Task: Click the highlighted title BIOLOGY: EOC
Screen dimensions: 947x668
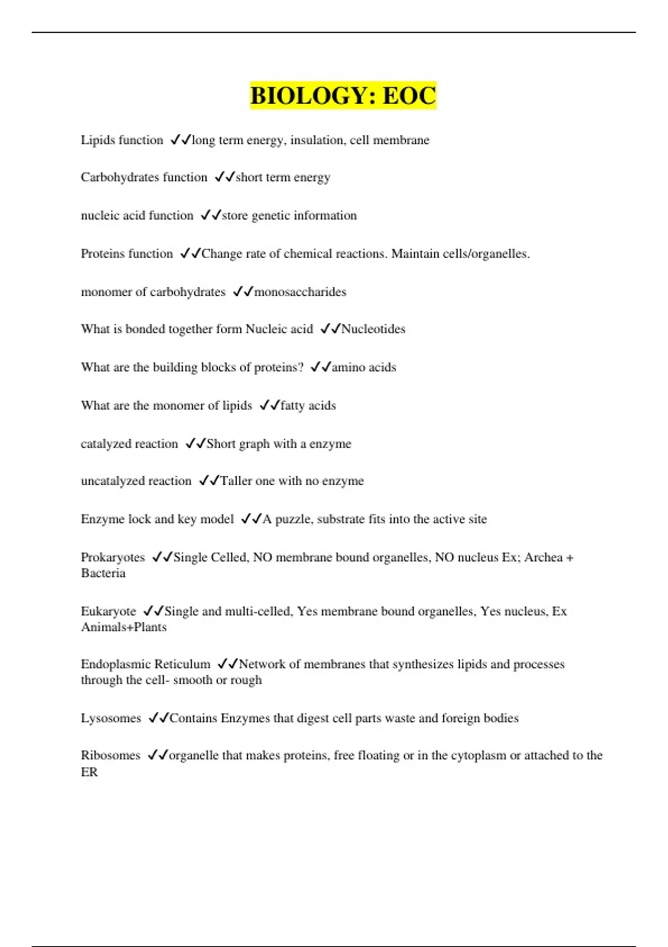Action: coord(343,95)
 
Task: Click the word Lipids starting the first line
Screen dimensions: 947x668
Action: coord(97,140)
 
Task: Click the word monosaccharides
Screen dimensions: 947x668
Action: coord(300,292)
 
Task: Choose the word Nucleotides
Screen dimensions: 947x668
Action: coord(373,329)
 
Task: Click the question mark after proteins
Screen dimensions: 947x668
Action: coord(301,367)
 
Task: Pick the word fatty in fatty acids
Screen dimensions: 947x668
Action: coord(292,406)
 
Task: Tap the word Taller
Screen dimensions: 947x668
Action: coord(236,481)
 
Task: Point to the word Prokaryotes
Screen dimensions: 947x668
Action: coord(112,557)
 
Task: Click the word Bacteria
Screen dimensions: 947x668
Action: coord(103,573)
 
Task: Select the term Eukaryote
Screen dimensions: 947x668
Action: coord(108,611)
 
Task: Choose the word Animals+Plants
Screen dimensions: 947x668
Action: coord(124,627)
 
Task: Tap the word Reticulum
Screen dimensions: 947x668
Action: coord(182,664)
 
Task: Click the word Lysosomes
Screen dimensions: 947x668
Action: coord(111,718)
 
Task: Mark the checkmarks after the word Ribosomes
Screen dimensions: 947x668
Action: coord(158,755)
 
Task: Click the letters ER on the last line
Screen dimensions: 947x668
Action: coord(89,772)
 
